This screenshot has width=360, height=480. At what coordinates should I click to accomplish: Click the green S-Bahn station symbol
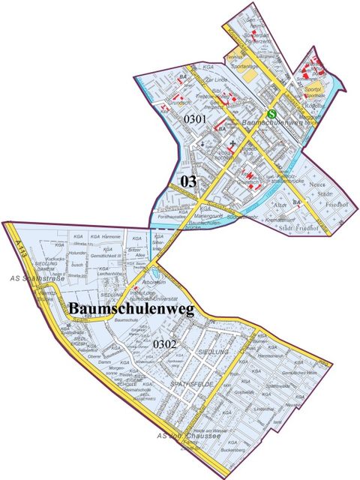272,115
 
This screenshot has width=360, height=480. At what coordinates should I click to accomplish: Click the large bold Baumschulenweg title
131,309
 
